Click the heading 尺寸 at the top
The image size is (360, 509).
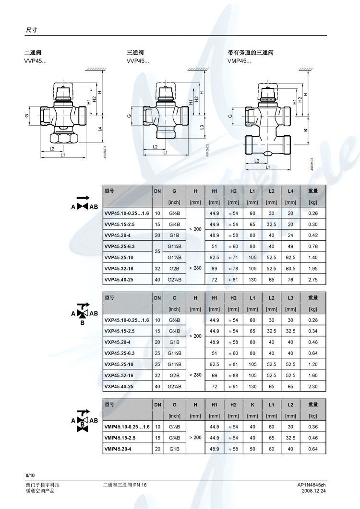click(x=31, y=30)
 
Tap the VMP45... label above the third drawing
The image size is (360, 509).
click(x=239, y=61)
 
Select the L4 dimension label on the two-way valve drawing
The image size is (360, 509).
click(x=100, y=129)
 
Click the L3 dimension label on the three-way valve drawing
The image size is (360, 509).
click(x=202, y=127)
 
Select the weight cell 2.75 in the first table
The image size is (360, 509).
click(x=312, y=279)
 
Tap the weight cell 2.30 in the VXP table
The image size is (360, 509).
click(x=312, y=386)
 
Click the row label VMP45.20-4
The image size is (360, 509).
click(x=120, y=449)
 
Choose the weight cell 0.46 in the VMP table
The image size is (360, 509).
click(x=312, y=438)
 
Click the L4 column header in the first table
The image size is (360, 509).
click(x=290, y=191)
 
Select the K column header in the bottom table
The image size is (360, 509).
click(x=252, y=405)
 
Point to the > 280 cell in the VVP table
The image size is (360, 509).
click(x=195, y=268)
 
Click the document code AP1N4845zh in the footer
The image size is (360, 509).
click(x=312, y=485)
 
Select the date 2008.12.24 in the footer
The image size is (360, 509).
click(x=314, y=492)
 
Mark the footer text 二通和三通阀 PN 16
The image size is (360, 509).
click(x=125, y=485)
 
